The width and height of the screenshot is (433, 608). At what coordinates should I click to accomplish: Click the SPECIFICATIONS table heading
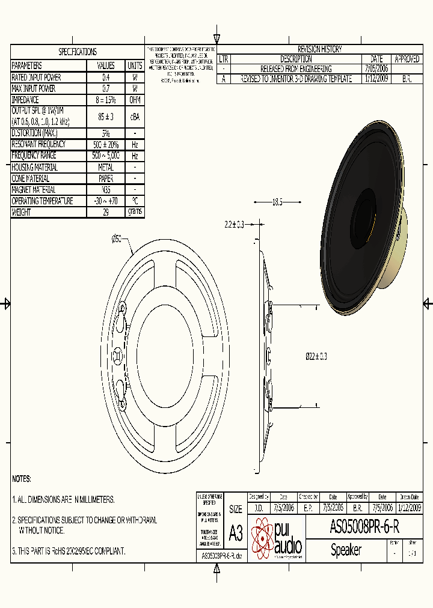click(77, 52)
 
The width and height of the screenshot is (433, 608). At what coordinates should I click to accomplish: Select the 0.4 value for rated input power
click(106, 78)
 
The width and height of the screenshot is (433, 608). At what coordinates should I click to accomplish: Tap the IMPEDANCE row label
click(25, 100)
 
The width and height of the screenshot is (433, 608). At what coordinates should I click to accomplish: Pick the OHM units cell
click(135, 100)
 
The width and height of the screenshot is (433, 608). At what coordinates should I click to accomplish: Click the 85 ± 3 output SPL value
click(106, 117)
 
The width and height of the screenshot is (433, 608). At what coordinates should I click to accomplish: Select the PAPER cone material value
click(106, 178)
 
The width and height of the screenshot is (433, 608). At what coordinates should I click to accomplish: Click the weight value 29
click(106, 212)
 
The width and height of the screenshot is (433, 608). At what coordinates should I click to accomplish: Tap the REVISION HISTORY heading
click(319, 49)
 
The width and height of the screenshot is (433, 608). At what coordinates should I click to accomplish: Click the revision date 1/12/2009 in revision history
click(376, 79)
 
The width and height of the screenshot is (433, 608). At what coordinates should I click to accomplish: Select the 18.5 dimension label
click(277, 202)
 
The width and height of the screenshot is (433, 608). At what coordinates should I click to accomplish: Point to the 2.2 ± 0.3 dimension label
click(234, 224)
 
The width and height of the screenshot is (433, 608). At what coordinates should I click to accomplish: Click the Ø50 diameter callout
click(117, 239)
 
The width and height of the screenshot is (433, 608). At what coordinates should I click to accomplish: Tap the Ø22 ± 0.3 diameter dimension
click(316, 357)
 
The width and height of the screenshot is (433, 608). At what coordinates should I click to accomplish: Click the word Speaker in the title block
click(346, 550)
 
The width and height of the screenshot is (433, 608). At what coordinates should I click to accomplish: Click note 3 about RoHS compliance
click(69, 550)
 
